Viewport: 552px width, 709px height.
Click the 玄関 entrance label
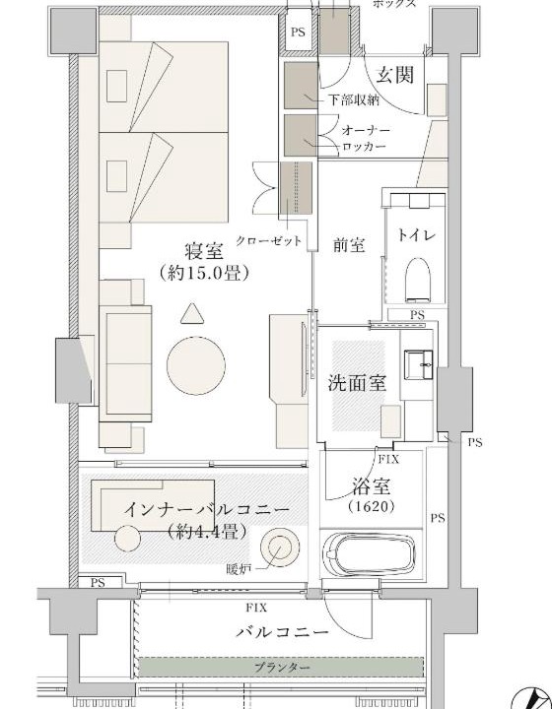pyautogui.click(x=395, y=75)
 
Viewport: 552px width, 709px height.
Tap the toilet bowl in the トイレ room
pyautogui.click(x=418, y=279)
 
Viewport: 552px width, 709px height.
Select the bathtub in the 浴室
pyautogui.click(x=370, y=553)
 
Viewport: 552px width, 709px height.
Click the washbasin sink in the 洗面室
pyautogui.click(x=419, y=364)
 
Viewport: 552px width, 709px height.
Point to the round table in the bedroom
pyautogui.click(x=196, y=365)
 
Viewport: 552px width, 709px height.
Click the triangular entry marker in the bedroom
pyautogui.click(x=192, y=314)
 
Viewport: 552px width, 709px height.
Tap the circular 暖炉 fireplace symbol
pyautogui.click(x=280, y=548)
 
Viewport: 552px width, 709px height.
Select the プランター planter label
pyautogui.click(x=282, y=668)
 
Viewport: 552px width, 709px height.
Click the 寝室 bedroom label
pyautogui.click(x=204, y=250)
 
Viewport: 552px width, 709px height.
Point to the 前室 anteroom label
pyautogui.click(x=349, y=244)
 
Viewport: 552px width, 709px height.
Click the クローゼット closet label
pyautogui.click(x=268, y=240)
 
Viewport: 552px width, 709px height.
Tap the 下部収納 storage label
pyautogui.click(x=353, y=99)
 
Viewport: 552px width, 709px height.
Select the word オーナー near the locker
pyautogui.click(x=366, y=130)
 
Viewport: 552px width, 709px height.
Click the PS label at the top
pyautogui.click(x=298, y=32)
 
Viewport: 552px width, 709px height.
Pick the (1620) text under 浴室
pyautogui.click(x=372, y=506)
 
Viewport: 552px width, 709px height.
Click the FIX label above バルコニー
pyautogui.click(x=256, y=608)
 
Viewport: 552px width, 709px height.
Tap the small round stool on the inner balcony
pyautogui.click(x=127, y=538)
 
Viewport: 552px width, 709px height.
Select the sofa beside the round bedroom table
pyautogui.click(x=125, y=364)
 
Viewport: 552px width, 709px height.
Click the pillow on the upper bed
pyautogui.click(x=116, y=86)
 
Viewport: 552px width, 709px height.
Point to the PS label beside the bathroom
pyautogui.click(x=437, y=518)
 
